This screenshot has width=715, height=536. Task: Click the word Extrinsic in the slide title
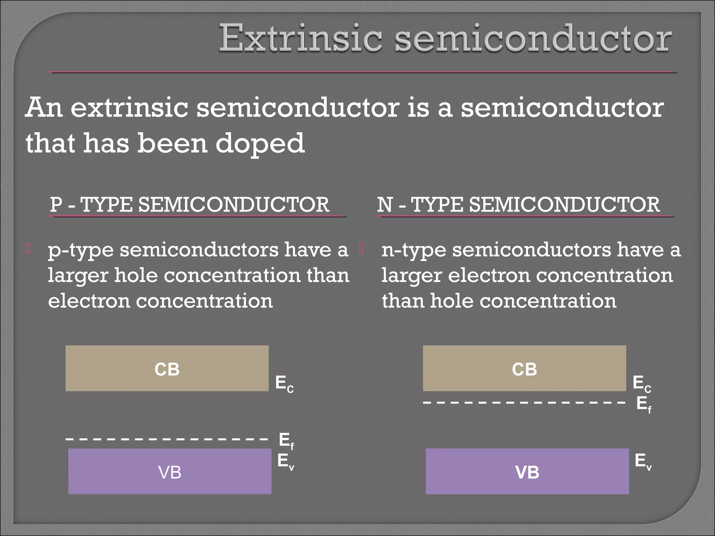click(300, 38)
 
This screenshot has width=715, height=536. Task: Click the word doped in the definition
click(260, 143)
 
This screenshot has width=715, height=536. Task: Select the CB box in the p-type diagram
click(167, 368)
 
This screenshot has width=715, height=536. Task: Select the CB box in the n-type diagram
click(524, 368)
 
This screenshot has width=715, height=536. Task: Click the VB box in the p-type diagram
click(170, 471)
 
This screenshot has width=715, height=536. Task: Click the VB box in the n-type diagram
click(527, 471)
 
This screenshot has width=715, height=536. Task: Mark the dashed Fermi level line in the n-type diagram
click(524, 403)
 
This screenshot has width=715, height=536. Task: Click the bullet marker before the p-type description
click(28, 249)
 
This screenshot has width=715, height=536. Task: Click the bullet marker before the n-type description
click(362, 249)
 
